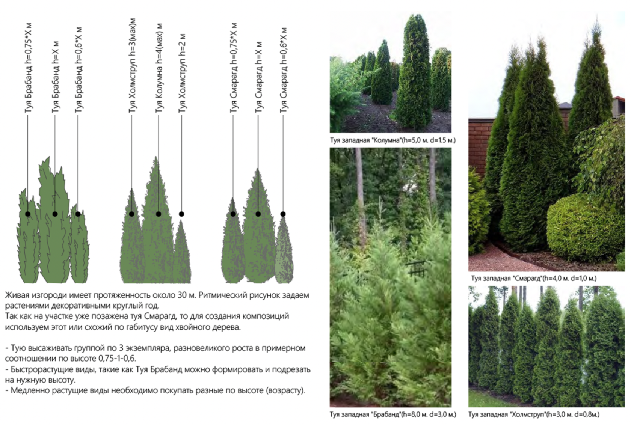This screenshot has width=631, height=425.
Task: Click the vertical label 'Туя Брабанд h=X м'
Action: point(56,77)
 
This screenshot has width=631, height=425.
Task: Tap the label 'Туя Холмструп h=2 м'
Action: point(182,74)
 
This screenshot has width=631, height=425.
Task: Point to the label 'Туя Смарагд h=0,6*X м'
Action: point(284,71)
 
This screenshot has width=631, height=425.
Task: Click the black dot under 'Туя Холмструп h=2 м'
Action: point(181,214)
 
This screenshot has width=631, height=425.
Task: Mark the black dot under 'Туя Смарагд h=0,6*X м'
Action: point(283,214)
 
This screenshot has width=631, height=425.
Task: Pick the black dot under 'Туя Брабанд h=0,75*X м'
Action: point(28,214)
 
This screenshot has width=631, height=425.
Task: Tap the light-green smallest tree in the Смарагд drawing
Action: point(284,251)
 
